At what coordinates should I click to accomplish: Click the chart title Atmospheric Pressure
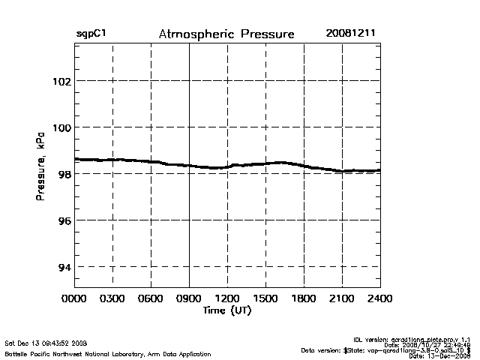[x=226, y=34]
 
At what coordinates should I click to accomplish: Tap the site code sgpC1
[x=90, y=34]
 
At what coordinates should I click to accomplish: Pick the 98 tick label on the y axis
[x=63, y=173]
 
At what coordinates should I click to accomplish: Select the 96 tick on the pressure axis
[x=63, y=220]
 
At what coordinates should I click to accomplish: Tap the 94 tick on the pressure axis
[x=63, y=266]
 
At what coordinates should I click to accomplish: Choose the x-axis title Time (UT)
[x=226, y=310]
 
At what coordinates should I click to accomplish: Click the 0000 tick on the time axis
[x=74, y=299]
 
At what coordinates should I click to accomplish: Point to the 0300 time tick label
[x=112, y=299]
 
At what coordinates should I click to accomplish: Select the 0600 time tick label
[x=151, y=299]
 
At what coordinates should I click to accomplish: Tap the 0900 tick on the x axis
[x=189, y=299]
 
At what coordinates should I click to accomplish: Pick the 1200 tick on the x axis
[x=227, y=299]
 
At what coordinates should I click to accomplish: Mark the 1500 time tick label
[x=265, y=299]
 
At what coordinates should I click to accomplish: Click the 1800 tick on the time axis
[x=304, y=299]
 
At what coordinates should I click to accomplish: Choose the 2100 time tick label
[x=342, y=299]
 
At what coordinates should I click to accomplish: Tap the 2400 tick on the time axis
[x=379, y=299]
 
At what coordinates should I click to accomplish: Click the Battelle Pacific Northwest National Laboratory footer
[x=86, y=352]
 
